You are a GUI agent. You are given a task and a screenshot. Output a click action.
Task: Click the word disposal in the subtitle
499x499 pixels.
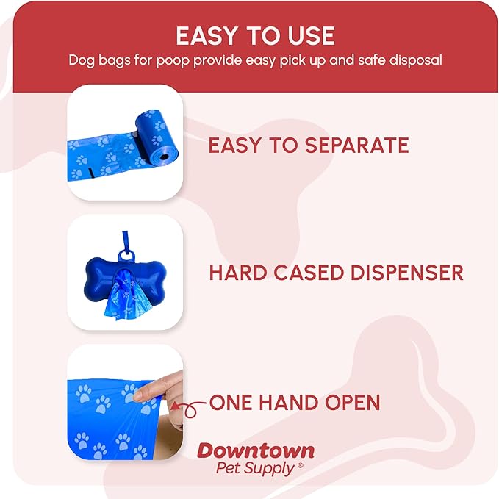414,60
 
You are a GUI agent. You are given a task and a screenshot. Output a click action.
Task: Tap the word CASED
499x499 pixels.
303,273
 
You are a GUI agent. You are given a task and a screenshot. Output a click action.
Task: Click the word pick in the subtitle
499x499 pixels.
272,60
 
